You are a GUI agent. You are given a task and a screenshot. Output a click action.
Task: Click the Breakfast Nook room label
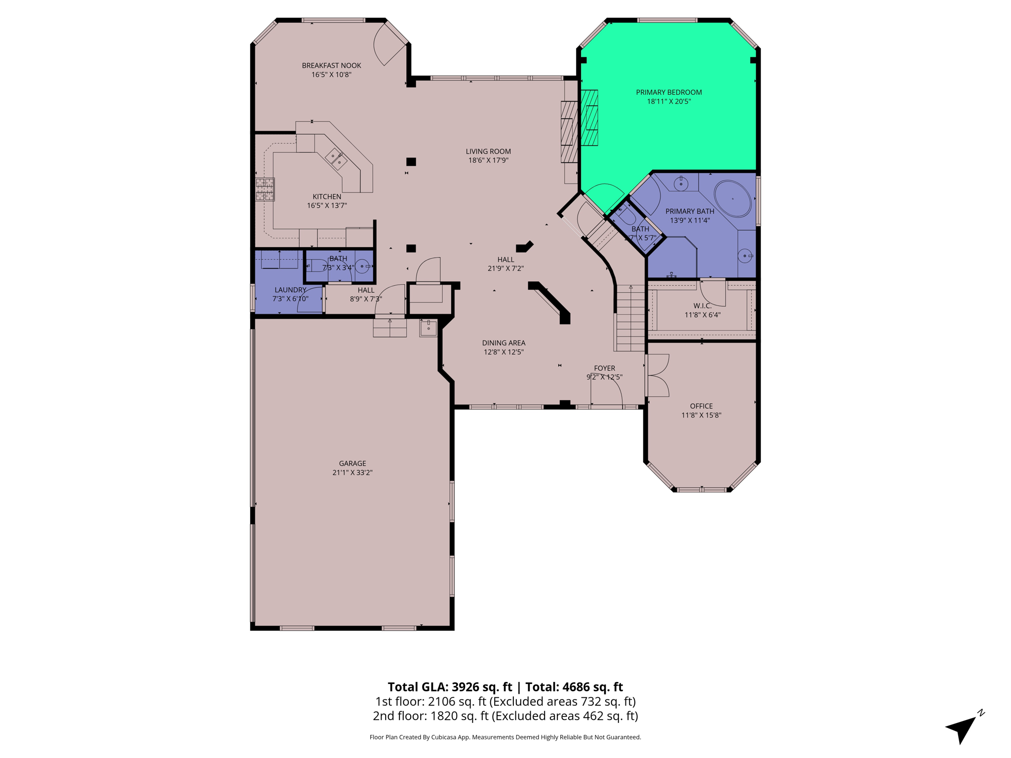pos(331,66)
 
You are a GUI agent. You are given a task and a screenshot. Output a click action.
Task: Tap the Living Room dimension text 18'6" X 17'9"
pos(488,160)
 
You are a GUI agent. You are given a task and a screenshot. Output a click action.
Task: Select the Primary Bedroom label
pos(669,92)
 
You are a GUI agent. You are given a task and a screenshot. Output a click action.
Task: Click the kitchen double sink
pos(336,159)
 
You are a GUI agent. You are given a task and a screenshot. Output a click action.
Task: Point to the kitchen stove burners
pos(265,189)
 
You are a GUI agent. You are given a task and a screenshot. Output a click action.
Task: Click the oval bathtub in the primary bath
pos(733,199)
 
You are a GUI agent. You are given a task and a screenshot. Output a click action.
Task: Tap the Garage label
pos(352,463)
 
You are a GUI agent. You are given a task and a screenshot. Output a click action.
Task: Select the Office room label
pos(701,406)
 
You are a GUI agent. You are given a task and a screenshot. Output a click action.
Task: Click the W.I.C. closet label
pos(702,306)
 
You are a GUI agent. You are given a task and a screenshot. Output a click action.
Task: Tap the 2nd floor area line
pos(505,716)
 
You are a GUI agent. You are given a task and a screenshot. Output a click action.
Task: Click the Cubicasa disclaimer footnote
pos(505,737)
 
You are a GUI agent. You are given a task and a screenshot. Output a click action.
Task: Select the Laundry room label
pos(290,290)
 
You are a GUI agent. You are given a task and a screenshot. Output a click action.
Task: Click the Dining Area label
pos(504,343)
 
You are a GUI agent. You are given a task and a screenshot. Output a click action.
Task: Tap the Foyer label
pos(604,368)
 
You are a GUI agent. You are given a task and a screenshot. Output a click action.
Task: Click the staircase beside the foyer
pos(630,318)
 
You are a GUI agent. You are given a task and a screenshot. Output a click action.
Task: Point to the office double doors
pos(658,376)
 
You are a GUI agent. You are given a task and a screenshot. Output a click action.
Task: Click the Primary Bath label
pos(690,211)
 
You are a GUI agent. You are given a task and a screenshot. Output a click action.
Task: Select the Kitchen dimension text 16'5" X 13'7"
pos(327,206)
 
